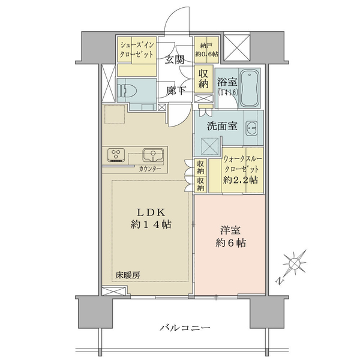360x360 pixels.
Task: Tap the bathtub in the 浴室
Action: click(250, 88)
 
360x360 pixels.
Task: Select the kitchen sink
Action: click(153, 155)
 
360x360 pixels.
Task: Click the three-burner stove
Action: click(116, 155)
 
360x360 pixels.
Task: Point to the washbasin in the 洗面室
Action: click(252, 128)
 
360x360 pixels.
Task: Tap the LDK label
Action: click(151, 213)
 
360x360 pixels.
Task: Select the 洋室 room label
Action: click(230, 231)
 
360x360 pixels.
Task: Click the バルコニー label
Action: click(185, 328)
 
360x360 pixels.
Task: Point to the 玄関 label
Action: click(175, 60)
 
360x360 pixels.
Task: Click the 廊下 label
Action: click(176, 91)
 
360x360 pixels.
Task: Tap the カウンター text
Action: click(150, 169)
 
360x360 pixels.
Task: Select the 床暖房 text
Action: click(128, 275)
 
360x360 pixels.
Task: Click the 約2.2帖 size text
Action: click(241, 180)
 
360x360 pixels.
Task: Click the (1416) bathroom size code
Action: click(227, 92)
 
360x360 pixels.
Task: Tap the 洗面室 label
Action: click(222, 126)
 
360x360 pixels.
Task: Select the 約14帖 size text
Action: click(151, 224)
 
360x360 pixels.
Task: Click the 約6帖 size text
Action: click(231, 243)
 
